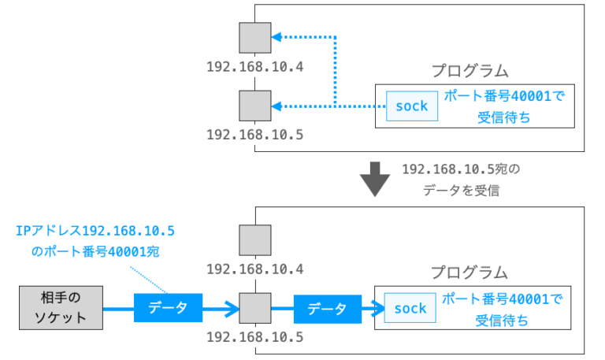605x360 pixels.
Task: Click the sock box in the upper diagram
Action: pyautogui.click(x=411, y=106)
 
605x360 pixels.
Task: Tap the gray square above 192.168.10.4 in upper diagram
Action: pyautogui.click(x=255, y=36)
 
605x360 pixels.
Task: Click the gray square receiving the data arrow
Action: pyautogui.click(x=255, y=308)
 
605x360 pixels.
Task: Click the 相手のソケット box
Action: pyautogui.click(x=61, y=308)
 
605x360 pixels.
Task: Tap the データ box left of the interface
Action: pyautogui.click(x=168, y=308)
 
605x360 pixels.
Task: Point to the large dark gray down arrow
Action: pyautogui.click(x=375, y=179)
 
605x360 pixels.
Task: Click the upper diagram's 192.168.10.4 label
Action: pyautogui.click(x=254, y=65)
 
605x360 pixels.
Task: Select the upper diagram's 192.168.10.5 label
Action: pyautogui.click(x=254, y=134)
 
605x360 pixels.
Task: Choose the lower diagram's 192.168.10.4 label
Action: pyautogui.click(x=254, y=269)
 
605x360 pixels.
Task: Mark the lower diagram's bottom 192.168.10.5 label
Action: pyautogui.click(x=254, y=337)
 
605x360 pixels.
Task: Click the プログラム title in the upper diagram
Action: pyautogui.click(x=470, y=70)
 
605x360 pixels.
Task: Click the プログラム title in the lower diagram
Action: pyautogui.click(x=470, y=273)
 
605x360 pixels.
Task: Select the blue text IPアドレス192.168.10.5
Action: pyautogui.click(x=95, y=230)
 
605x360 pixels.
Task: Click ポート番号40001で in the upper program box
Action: pyautogui.click(x=504, y=98)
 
